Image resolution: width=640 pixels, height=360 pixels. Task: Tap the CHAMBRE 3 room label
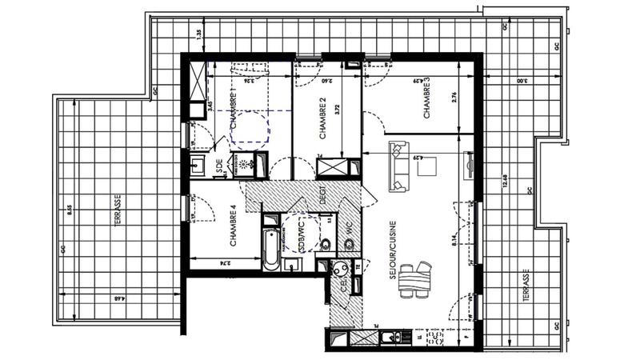point(427,100)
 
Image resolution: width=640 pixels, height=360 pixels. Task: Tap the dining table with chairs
point(414,279)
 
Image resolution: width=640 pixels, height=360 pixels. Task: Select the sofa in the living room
point(396,166)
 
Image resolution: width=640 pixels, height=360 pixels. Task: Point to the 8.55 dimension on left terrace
point(70,212)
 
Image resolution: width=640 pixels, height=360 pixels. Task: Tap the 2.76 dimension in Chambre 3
point(453,98)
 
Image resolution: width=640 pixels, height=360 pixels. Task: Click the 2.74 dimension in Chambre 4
point(226,262)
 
